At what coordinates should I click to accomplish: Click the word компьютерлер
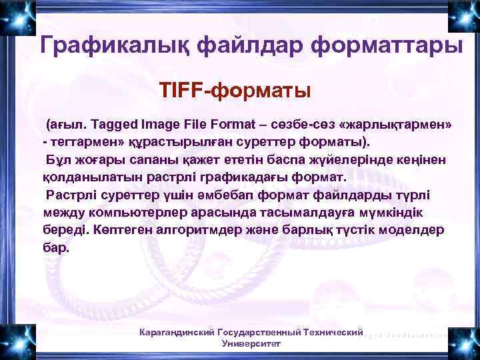pyautogui.click(x=147, y=213)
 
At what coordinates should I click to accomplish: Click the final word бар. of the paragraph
pyautogui.click(x=55, y=247)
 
